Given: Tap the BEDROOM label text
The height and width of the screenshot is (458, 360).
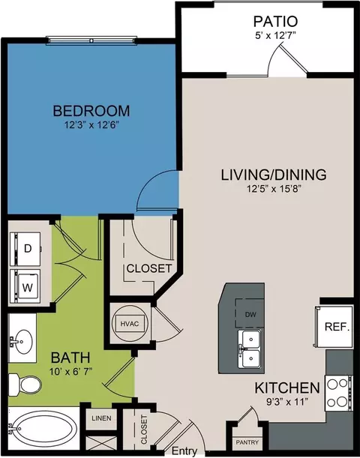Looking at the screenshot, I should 91,111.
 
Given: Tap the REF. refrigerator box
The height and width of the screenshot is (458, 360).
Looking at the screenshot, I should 334,327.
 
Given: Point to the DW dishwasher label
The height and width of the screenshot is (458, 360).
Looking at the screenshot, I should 250,316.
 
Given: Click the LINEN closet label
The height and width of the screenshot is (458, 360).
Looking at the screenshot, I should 100,418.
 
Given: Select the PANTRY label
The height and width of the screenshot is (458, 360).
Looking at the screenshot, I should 247,442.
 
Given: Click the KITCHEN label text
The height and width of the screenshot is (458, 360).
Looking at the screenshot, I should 286,388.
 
